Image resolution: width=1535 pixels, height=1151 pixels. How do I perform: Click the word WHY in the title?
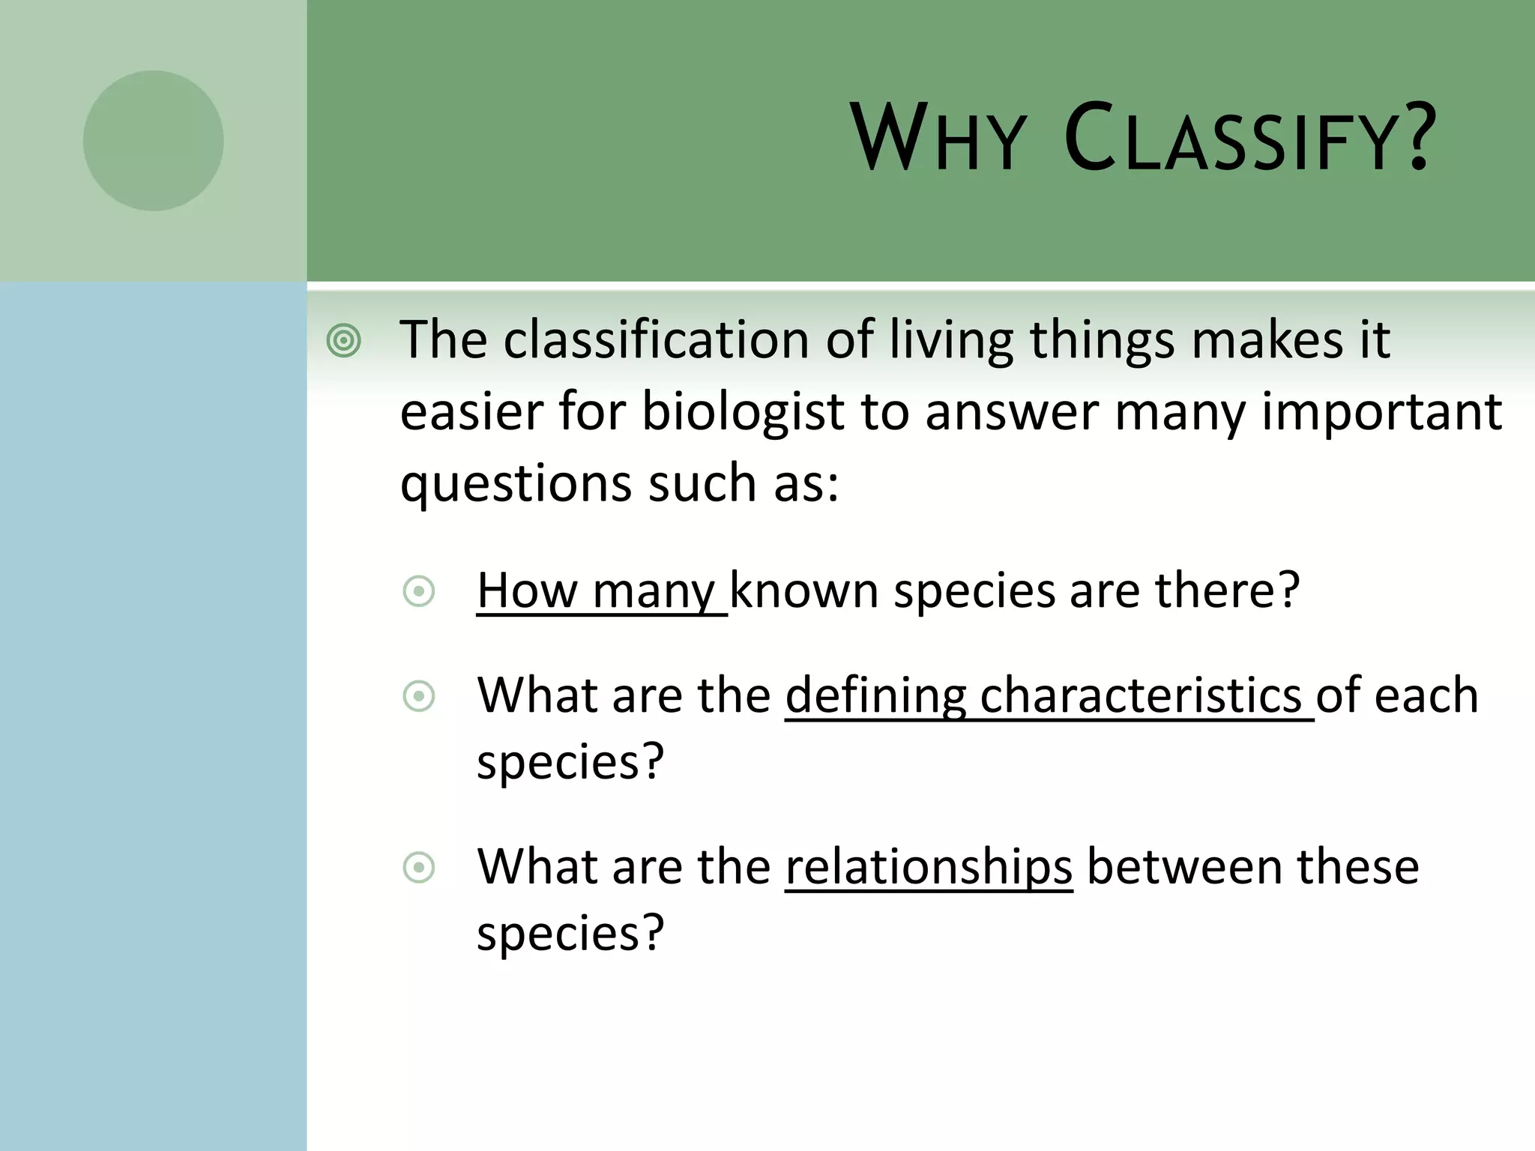click(937, 139)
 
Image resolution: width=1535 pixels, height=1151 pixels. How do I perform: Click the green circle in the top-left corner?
click(153, 140)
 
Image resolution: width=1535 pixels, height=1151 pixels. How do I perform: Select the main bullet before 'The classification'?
click(344, 341)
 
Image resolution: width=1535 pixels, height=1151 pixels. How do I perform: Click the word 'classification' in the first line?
click(656, 341)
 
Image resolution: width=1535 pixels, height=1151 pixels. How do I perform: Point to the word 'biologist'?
click(744, 412)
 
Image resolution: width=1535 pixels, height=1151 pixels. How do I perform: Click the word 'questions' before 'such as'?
click(516, 484)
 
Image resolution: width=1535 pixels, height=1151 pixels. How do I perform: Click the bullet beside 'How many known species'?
click(419, 592)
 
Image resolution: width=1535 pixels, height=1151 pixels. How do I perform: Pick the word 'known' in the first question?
click(803, 591)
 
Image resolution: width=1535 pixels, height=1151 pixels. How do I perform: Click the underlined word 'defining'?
click(875, 695)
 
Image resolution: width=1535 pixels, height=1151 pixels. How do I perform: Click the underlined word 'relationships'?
click(929, 867)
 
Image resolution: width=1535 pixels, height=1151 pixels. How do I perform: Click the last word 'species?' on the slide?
click(570, 934)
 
